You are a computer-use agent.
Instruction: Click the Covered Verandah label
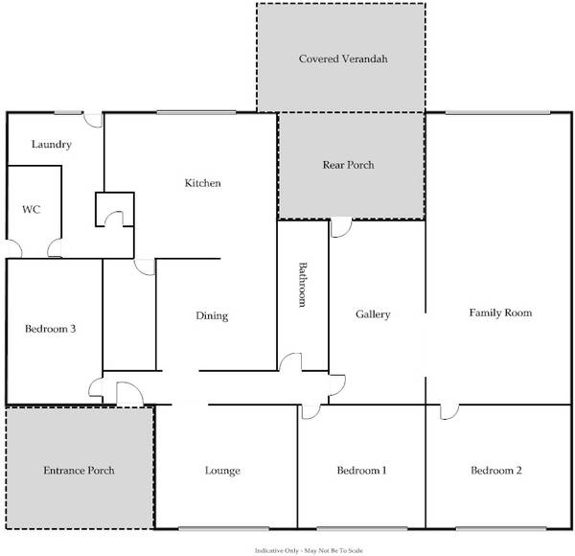343,58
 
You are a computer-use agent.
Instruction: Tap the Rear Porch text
349,165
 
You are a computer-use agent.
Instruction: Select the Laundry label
52,145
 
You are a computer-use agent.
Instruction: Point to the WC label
32,209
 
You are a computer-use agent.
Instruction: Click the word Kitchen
203,183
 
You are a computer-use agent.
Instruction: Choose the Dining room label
212,315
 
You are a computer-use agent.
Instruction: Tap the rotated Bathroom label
302,285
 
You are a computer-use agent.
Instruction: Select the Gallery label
373,314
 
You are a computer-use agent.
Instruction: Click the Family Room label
500,313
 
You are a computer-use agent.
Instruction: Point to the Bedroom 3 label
50,329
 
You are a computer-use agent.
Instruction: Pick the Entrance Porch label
79,471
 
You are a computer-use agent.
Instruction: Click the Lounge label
222,471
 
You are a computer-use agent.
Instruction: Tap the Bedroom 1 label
361,471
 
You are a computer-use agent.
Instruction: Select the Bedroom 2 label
496,471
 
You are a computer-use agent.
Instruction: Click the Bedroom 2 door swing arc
454,415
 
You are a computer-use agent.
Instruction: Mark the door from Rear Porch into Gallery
341,227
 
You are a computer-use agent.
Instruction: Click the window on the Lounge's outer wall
223,528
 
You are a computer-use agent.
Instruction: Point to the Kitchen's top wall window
196,112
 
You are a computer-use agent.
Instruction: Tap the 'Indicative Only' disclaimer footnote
309,550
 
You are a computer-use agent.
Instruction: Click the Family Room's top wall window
497,112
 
